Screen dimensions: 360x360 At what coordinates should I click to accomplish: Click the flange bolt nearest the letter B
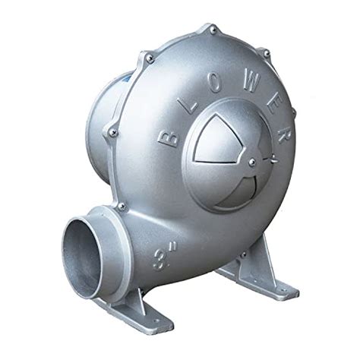[x=113, y=133]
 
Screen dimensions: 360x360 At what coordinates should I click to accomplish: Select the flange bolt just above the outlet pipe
[x=120, y=206]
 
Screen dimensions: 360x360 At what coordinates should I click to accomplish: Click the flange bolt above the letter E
[x=266, y=53]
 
